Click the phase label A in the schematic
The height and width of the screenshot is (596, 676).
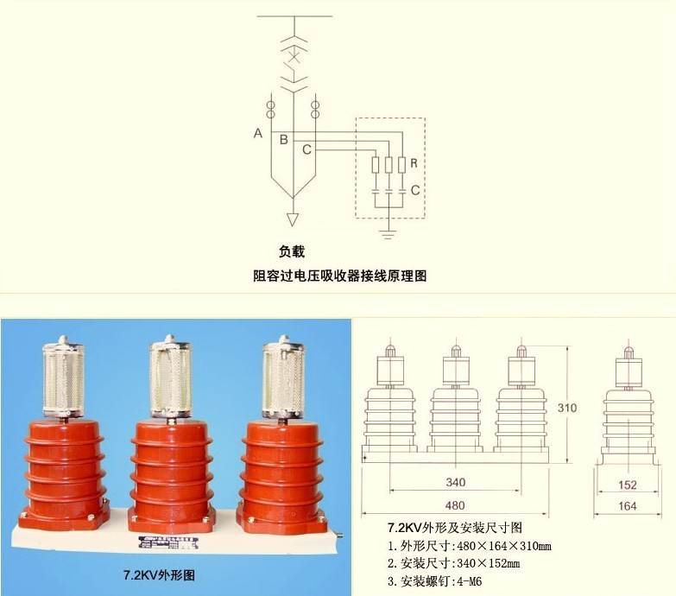point(258,133)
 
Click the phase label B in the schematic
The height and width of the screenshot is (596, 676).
point(284,140)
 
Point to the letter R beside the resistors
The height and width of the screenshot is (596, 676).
point(414,163)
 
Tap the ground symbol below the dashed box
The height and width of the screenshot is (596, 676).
point(388,235)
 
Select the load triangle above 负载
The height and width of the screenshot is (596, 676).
point(293,219)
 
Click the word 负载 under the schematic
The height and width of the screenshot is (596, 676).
point(292,251)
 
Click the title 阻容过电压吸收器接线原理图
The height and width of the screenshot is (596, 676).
point(339,276)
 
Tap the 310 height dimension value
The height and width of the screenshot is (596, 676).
point(567,408)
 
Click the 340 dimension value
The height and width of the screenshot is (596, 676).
point(455,482)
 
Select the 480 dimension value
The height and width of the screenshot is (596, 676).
point(455,505)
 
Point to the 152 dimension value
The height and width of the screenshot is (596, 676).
point(628,485)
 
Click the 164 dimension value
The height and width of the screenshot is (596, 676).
point(628,506)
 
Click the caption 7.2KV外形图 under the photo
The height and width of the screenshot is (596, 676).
point(159,575)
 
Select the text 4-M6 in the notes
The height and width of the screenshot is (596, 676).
point(470,581)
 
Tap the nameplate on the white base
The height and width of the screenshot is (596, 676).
point(168,542)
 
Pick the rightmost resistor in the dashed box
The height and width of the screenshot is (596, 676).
point(401,165)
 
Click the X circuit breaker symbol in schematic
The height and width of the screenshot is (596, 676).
point(294,57)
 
